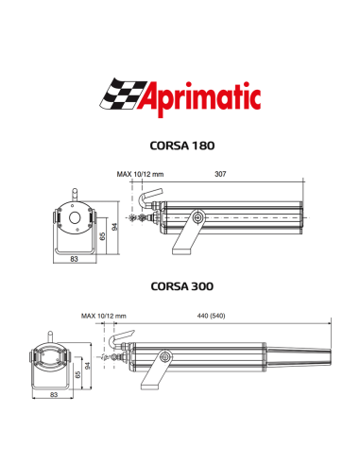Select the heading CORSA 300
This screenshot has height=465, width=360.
pyautogui.click(x=182, y=284)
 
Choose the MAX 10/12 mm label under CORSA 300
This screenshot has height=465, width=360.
pyautogui.click(x=104, y=315)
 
